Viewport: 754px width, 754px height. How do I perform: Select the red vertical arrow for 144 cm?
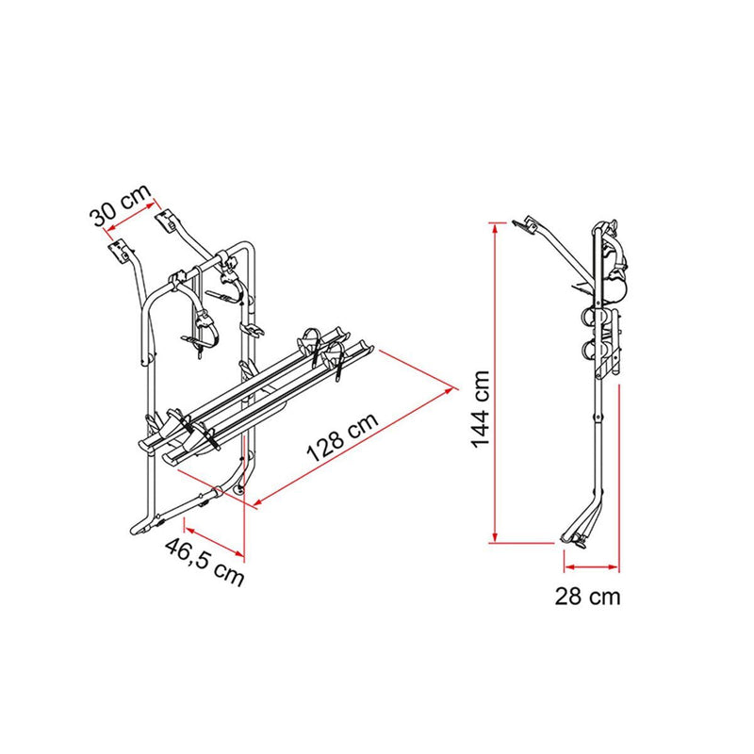click(494, 382)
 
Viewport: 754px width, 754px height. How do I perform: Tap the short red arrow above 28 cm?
click(591, 566)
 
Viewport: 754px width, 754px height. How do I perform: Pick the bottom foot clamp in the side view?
click(576, 538)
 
